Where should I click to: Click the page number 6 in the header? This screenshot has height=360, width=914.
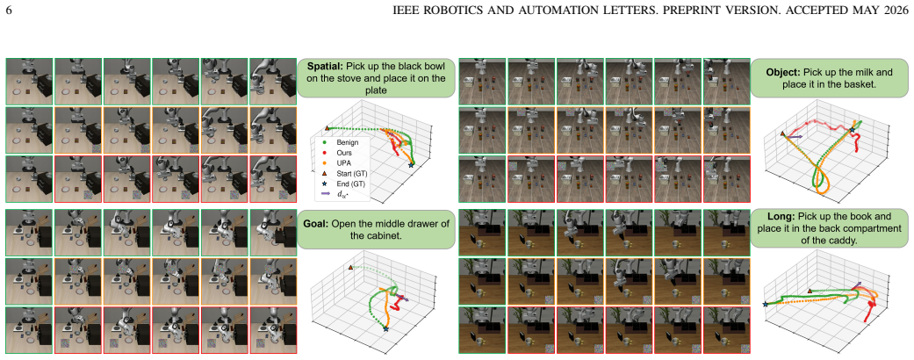9,11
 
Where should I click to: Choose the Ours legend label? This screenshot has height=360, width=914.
343,152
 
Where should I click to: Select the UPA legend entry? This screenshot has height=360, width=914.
343,162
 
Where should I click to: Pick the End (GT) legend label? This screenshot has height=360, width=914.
349,184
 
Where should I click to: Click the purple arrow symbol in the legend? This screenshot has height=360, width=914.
325,193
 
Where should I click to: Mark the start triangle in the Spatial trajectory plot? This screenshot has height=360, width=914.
327,127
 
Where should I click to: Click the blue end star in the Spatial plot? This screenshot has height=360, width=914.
411,165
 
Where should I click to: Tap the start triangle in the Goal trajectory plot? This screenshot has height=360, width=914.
350,268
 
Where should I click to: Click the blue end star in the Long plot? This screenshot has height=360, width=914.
766,304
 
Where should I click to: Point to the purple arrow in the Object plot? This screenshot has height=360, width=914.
795,136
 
